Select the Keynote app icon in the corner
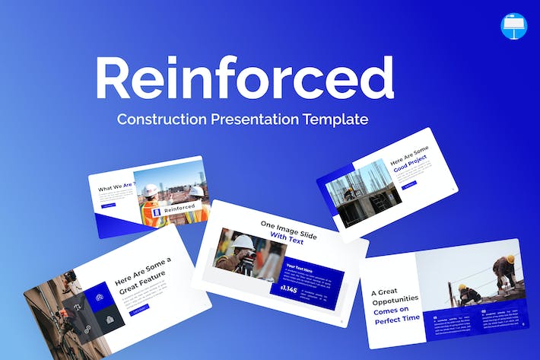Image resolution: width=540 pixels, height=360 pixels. tap(514, 27)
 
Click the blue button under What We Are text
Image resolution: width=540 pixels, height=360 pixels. tap(108, 205)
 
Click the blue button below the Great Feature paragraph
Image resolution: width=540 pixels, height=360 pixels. tap(140, 309)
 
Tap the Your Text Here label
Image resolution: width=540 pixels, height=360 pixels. tap(299, 267)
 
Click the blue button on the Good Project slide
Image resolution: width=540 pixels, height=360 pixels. tap(409, 185)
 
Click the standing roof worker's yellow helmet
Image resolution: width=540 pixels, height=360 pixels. tap(510, 259)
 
